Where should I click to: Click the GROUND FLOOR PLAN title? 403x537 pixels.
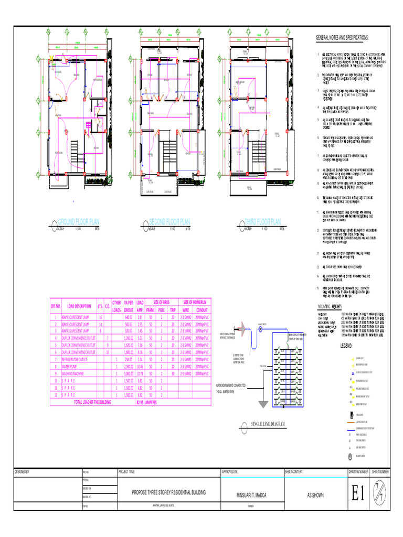point(79,222)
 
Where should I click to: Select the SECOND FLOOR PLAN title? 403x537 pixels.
point(169,222)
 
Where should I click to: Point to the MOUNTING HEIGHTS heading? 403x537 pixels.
point(333,305)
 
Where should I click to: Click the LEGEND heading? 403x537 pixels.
point(348,347)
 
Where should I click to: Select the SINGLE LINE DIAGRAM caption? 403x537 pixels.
point(267,423)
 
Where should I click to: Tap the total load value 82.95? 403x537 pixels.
point(140,402)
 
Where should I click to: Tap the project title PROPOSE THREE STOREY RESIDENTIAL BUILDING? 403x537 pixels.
point(168,493)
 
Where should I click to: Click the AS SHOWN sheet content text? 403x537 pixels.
point(316,494)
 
